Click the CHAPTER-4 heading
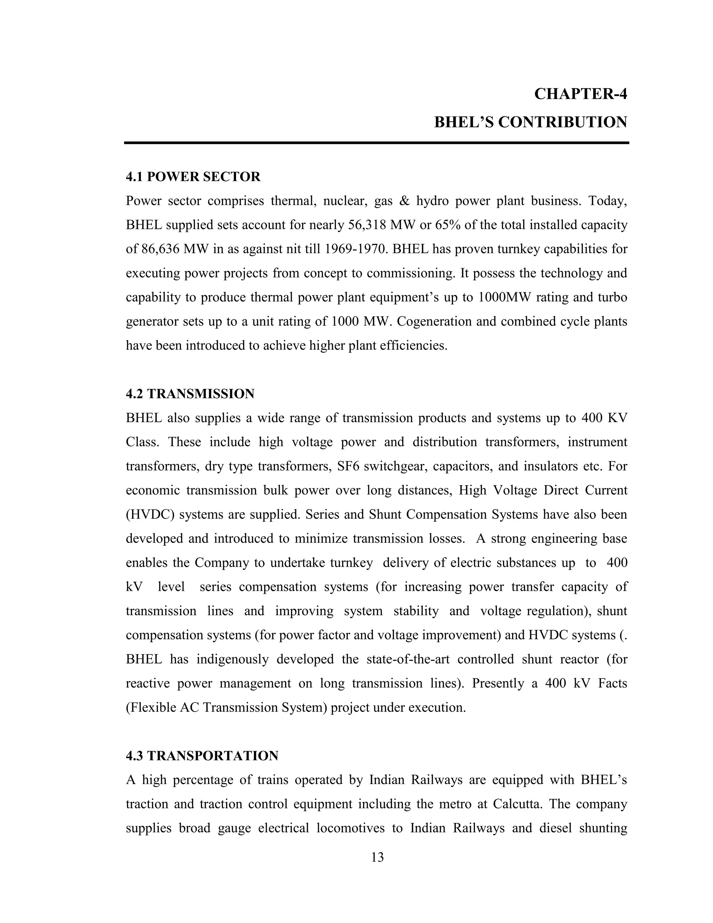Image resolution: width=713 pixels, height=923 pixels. pyautogui.click(x=580, y=94)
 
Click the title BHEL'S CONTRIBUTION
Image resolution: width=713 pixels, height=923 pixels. pyautogui.click(x=531, y=123)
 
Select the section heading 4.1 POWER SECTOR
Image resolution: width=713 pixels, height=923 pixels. pyautogui.click(x=193, y=177)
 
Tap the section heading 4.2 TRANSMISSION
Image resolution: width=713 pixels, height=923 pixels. pyautogui.click(x=190, y=394)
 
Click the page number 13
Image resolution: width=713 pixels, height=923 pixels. pyautogui.click(x=377, y=857)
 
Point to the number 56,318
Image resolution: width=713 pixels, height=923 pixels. pyautogui.click(x=367, y=225)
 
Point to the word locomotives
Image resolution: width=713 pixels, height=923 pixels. pyautogui.click(x=351, y=828)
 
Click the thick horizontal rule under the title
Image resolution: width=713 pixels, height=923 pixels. pyautogui.click(x=376, y=143)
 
